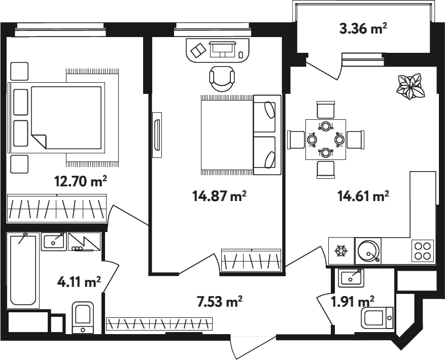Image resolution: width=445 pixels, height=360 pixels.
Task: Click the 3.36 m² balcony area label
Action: (363, 28)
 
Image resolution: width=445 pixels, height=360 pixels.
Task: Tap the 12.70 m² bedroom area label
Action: (81, 181)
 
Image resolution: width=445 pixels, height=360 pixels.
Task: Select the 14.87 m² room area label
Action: (219, 196)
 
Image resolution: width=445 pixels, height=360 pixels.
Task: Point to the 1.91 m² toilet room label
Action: (353, 302)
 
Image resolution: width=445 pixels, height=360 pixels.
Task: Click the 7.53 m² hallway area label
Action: (219, 301)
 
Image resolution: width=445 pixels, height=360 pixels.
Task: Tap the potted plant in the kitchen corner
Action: (410, 87)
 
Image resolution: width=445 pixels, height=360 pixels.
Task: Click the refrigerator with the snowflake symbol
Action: (341, 251)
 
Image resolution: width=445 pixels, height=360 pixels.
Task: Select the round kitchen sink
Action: (368, 251)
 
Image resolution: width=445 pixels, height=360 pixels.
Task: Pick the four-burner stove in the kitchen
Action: (423, 250)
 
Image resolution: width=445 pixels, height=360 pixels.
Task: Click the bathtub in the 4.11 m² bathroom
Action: (23, 270)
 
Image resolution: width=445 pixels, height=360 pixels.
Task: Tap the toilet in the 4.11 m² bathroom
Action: (83, 318)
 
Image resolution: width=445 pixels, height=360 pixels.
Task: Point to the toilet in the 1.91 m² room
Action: (377, 318)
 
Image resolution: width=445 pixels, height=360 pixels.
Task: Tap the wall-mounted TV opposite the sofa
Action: (157, 135)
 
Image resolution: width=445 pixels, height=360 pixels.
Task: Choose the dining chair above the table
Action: (326, 110)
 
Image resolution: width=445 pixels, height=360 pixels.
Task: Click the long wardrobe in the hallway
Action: (159, 323)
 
